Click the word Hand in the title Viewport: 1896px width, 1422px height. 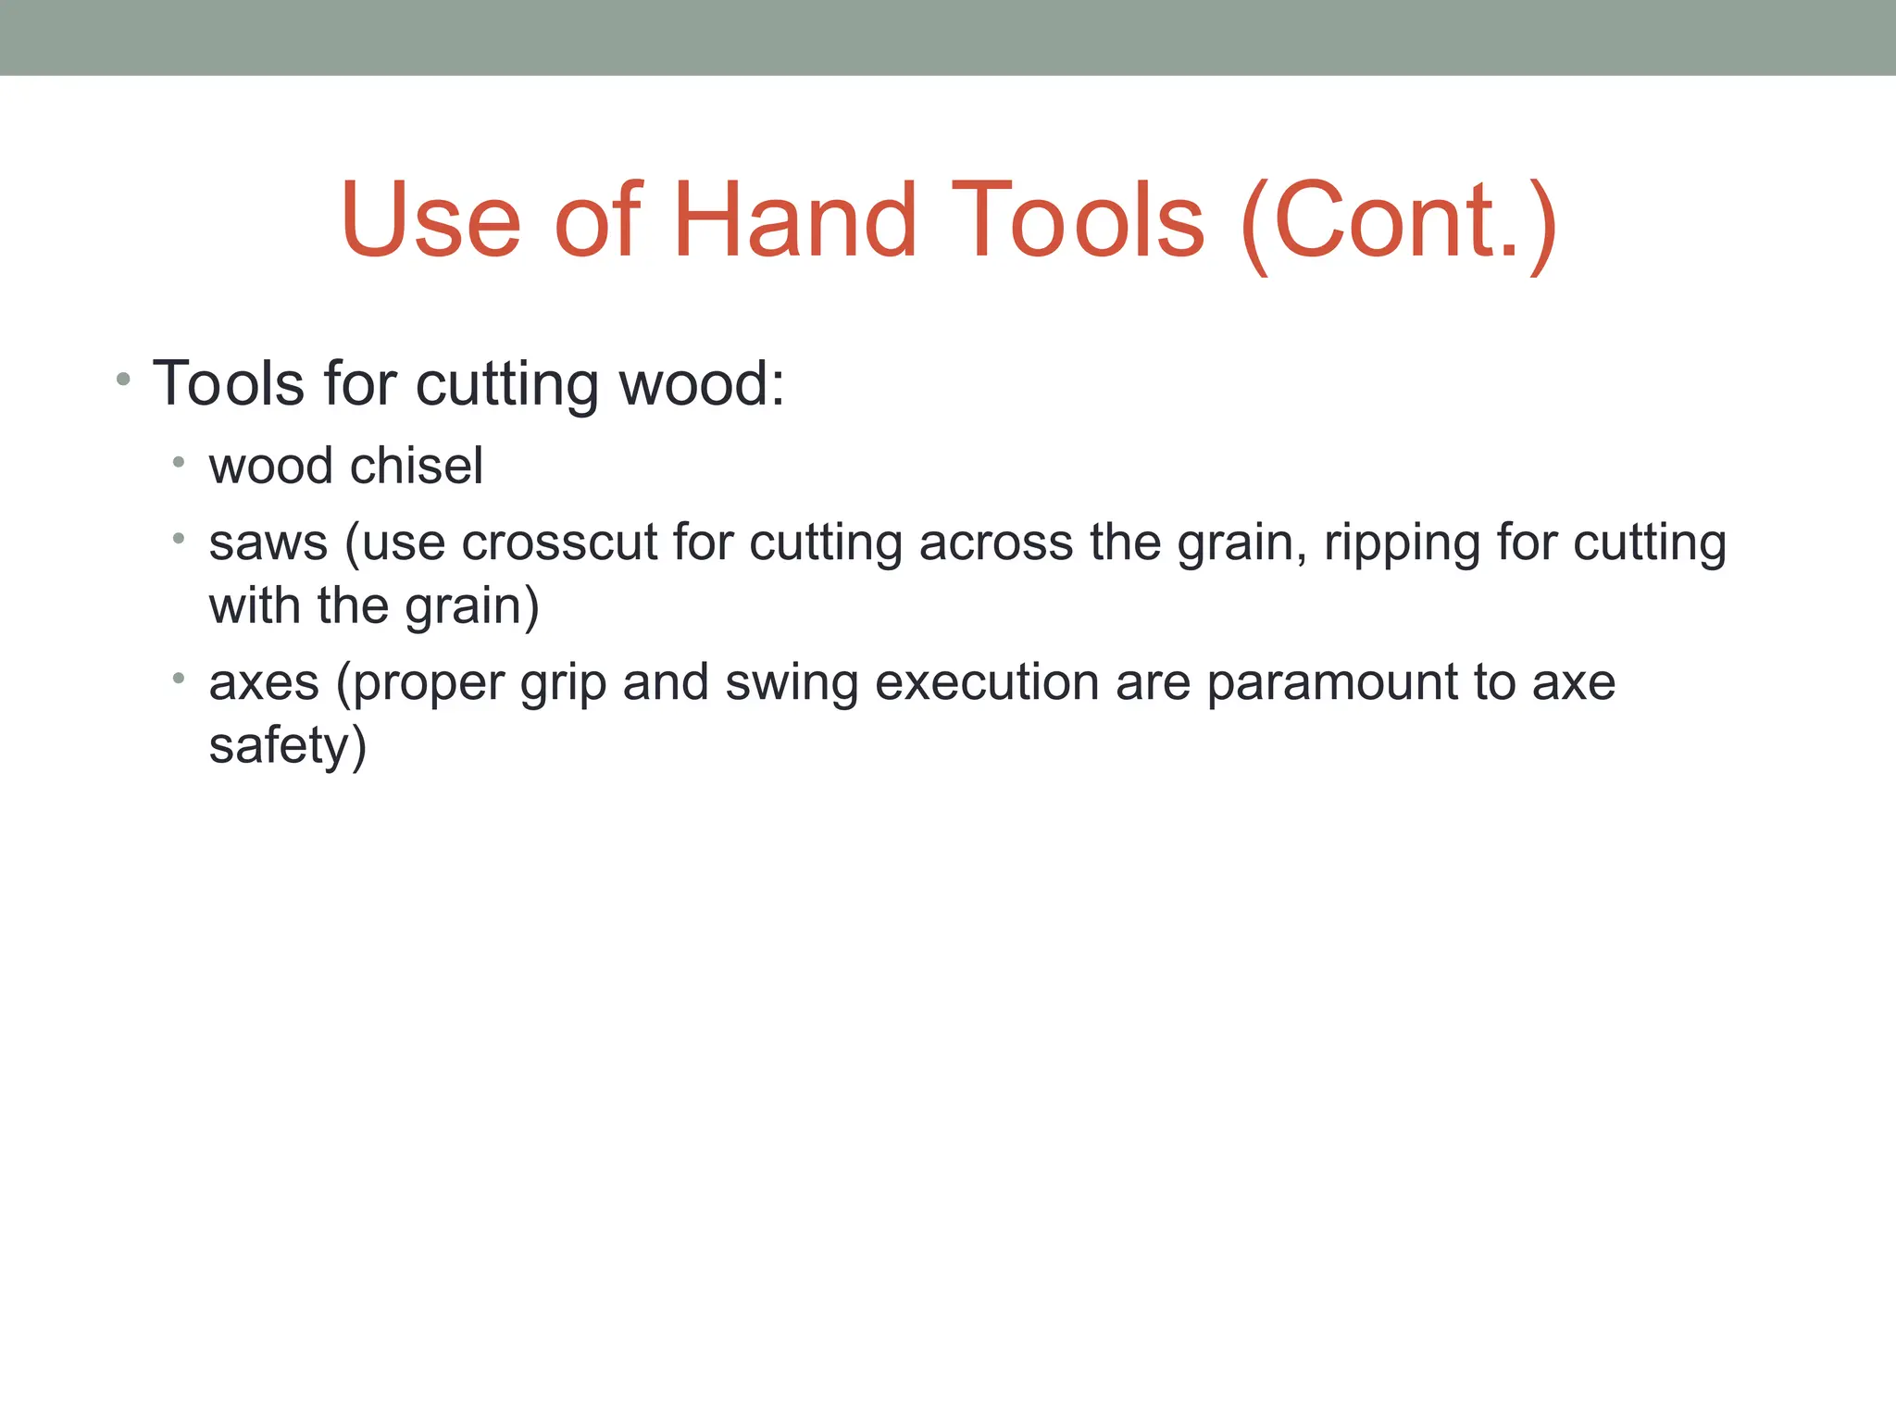pyautogui.click(x=794, y=220)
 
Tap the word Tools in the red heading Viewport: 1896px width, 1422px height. pyautogui.click(x=1079, y=220)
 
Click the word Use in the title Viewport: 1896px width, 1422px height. pyautogui.click(x=430, y=220)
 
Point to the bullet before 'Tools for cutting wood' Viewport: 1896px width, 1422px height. pyautogui.click(x=123, y=380)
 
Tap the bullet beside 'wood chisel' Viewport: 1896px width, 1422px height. pyautogui.click(x=179, y=461)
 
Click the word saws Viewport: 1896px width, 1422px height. pyautogui.click(x=268, y=543)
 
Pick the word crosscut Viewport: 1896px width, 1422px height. pyautogui.click(x=559, y=543)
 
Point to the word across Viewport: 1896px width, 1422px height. pyautogui.click(x=995, y=543)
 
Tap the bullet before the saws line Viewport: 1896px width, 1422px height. pyautogui.click(x=179, y=538)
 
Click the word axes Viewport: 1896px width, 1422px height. pyautogui.click(x=264, y=683)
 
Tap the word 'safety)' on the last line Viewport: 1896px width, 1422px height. pyautogui.click(x=288, y=747)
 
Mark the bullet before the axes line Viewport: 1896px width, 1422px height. pyautogui.click(x=179, y=679)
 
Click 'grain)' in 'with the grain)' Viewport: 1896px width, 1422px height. pyautogui.click(x=471, y=608)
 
